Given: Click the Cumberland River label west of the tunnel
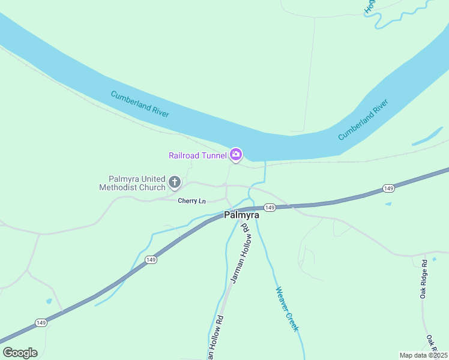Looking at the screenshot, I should (x=140, y=104).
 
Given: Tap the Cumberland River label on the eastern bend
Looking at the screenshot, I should (x=364, y=120).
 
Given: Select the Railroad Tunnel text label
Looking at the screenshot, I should (x=197, y=155).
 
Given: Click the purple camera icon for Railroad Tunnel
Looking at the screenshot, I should (x=236, y=155).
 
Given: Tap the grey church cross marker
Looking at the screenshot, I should (x=175, y=181).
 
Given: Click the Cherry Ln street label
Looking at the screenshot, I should (x=192, y=201).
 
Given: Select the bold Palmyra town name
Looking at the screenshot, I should (x=241, y=215).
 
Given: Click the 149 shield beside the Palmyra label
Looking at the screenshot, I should (x=270, y=208).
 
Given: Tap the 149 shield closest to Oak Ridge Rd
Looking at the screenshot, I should (x=388, y=189).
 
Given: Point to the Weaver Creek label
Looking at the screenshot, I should (x=287, y=309).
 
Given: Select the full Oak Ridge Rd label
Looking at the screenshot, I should (x=424, y=279).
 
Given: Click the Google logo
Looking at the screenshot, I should (x=20, y=353).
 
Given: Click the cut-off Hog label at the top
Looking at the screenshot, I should (x=370, y=7).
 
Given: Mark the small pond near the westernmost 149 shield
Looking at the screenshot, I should (x=49, y=301).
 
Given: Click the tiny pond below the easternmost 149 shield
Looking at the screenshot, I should (x=388, y=204).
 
